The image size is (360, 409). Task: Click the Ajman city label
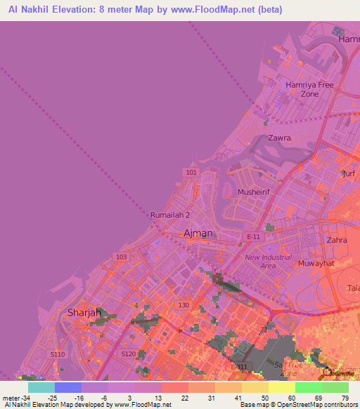click(198, 233)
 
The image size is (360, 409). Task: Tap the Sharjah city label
click(86, 312)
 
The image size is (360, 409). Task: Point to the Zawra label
click(279, 138)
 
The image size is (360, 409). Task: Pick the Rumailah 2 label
click(170, 215)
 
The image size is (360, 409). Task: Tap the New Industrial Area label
click(268, 261)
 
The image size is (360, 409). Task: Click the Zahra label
click(336, 240)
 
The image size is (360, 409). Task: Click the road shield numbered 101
click(192, 172)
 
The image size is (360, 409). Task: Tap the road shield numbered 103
click(122, 257)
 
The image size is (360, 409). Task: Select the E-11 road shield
click(254, 237)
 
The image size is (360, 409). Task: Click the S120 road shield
click(127, 353)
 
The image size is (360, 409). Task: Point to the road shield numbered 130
click(184, 304)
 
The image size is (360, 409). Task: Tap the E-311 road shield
click(239, 367)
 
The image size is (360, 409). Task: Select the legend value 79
click(345, 398)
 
